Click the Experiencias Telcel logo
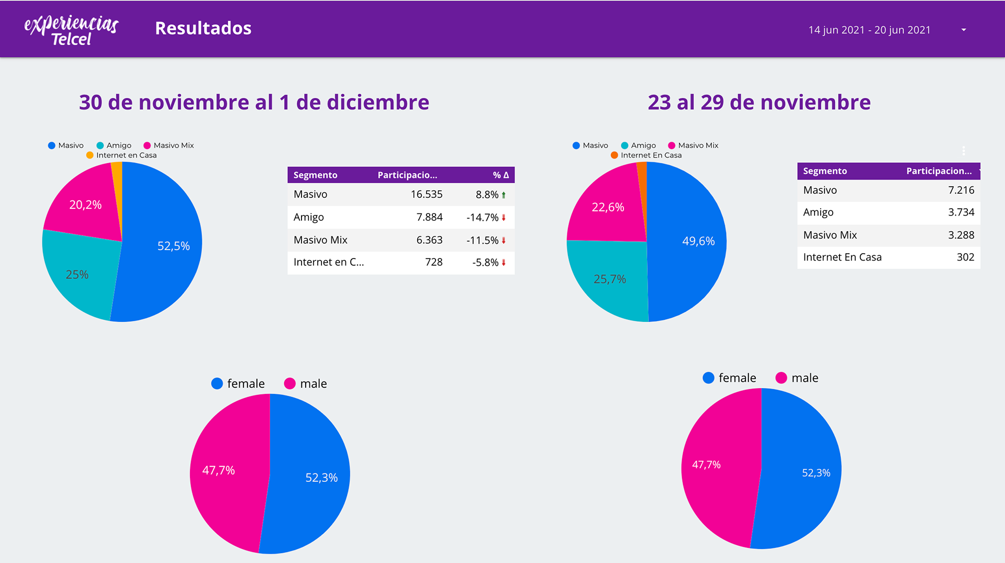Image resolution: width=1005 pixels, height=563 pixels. (71, 30)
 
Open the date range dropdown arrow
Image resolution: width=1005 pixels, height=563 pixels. (964, 30)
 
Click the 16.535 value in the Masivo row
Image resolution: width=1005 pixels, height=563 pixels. (426, 194)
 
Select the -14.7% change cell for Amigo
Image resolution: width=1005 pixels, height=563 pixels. (482, 217)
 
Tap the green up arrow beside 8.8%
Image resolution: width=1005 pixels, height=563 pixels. (504, 195)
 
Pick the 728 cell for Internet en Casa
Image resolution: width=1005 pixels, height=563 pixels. (433, 262)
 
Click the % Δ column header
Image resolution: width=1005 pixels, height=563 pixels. (500, 175)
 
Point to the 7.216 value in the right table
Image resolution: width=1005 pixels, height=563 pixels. (961, 190)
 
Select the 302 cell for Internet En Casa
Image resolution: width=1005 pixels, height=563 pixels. (965, 257)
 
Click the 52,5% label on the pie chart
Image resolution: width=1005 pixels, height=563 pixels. (173, 246)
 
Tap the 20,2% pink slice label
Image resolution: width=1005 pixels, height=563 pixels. (85, 205)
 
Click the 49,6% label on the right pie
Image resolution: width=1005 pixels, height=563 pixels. (698, 241)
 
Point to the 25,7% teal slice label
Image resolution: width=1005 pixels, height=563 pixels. (609, 279)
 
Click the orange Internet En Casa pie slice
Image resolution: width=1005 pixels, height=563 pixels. (642, 178)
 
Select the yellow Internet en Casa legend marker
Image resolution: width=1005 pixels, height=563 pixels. (90, 155)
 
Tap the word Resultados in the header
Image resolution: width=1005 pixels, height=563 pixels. (203, 28)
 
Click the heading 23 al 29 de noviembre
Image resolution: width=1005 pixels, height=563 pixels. (759, 102)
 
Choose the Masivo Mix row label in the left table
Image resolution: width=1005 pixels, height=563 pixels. (320, 240)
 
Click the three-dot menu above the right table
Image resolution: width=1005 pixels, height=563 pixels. (964, 151)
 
